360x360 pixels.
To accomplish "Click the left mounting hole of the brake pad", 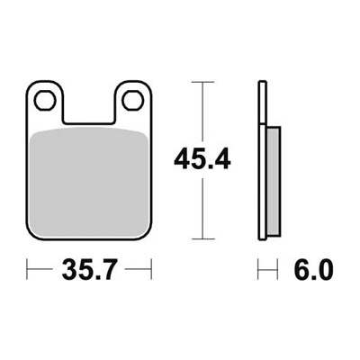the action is (x=45, y=100).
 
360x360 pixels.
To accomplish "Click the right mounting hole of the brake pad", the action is (x=132, y=100).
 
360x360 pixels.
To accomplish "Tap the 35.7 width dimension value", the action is (x=89, y=270).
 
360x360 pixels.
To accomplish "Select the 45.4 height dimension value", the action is (x=202, y=160).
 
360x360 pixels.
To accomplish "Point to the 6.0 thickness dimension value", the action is (x=313, y=270).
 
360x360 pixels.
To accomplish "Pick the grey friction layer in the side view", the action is (x=274, y=181).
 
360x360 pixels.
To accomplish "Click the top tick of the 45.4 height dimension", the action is (x=202, y=82).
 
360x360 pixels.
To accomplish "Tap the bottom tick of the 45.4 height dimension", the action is (x=202, y=239).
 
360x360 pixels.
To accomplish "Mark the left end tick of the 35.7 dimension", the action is (x=27, y=269).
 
